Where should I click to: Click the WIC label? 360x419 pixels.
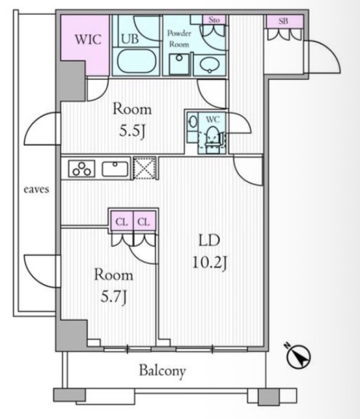[x=88, y=40]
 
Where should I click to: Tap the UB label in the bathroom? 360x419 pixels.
[x=130, y=39]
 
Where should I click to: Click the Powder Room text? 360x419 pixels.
[x=179, y=38]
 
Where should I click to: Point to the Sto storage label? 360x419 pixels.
[x=214, y=20]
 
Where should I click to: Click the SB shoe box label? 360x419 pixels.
[x=283, y=21]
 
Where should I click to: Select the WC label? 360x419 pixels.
[x=213, y=119]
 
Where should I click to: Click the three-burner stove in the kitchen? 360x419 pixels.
[x=81, y=169]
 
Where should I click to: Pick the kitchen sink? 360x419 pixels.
[x=115, y=169]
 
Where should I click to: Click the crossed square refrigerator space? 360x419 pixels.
[x=145, y=168]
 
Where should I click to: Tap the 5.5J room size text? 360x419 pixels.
[x=132, y=131]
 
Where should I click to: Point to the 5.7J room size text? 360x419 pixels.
[x=113, y=296]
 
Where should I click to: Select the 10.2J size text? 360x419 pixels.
[x=210, y=262]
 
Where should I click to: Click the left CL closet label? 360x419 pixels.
[x=122, y=222]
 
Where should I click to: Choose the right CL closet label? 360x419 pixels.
[x=144, y=222]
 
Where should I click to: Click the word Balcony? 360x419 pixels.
[x=163, y=371]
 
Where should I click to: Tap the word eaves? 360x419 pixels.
[x=36, y=189]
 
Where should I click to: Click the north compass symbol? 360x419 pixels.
[x=298, y=356]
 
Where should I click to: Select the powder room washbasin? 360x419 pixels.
[x=210, y=65]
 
